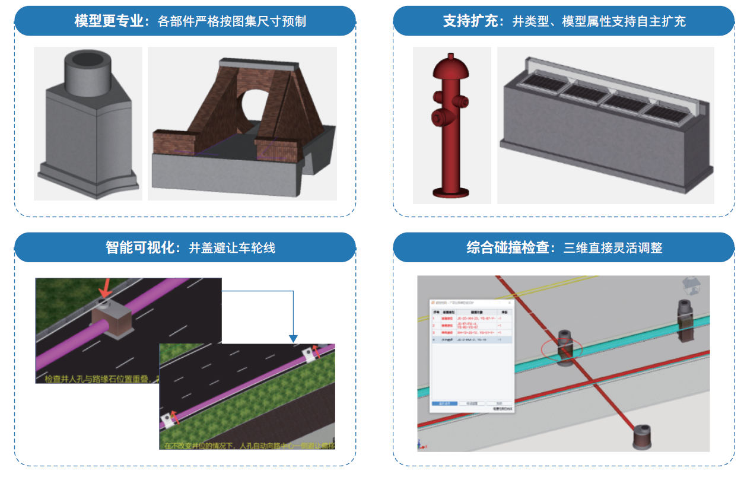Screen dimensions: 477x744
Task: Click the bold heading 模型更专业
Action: click(x=109, y=21)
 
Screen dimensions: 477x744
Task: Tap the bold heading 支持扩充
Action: click(x=469, y=21)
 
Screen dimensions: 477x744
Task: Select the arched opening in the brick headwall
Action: click(x=256, y=106)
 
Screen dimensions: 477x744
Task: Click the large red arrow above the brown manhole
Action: click(x=105, y=288)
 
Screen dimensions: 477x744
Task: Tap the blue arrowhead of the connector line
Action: click(x=293, y=339)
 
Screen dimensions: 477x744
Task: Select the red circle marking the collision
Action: click(x=561, y=348)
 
